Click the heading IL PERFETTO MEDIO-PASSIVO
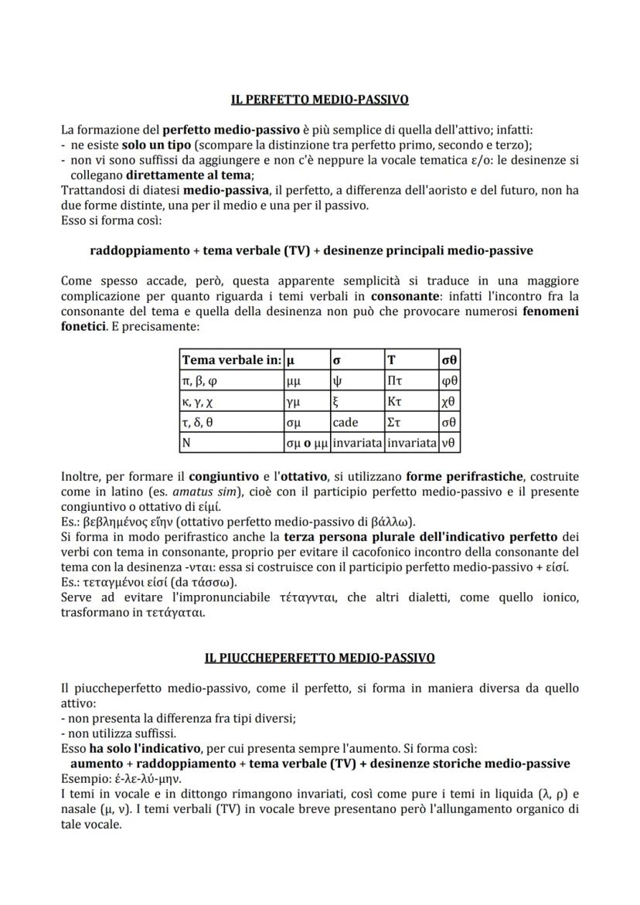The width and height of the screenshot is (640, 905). coord(320,100)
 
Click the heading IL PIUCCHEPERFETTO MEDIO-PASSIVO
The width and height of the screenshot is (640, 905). coord(320,658)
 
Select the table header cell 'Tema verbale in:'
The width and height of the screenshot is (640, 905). coord(231,359)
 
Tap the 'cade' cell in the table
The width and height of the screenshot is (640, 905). coord(346,423)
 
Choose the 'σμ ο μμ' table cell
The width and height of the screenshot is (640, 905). coord(307,444)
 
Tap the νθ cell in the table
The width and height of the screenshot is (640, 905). coord(448,444)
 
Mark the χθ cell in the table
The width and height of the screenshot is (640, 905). coord(448,402)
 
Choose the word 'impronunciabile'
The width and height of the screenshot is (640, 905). coord(260,597)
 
